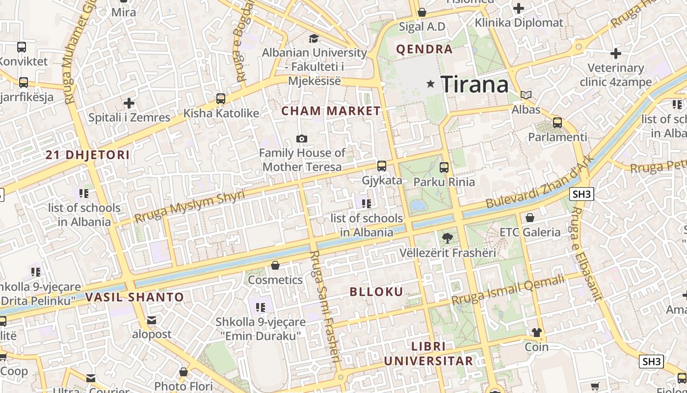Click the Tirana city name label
point(475,84)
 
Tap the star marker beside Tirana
point(431,84)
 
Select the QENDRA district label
point(424,49)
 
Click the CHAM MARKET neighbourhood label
point(331,111)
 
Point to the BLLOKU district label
point(376,292)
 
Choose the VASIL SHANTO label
point(134,297)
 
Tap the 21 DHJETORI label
point(88,155)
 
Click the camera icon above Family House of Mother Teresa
point(302,139)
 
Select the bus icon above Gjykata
point(382,166)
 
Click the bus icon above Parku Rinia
point(444,168)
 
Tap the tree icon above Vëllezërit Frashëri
point(447,239)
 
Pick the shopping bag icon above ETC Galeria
point(530,218)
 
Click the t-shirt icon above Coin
point(537,333)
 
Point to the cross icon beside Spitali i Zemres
point(129,103)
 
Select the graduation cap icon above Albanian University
point(314,38)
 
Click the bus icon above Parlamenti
point(557,123)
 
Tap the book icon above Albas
point(526,95)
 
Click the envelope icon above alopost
point(152,320)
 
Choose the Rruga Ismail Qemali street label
point(508,289)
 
